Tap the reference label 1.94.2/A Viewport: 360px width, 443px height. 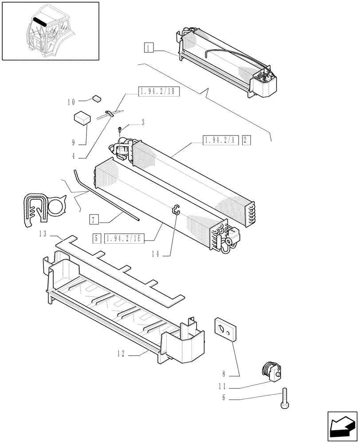220,140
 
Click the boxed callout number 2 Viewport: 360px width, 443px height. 247,140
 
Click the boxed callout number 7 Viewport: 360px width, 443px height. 93,219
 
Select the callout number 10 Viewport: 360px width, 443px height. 71,102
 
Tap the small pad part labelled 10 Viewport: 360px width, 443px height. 97,98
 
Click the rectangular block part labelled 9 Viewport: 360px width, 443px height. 82,118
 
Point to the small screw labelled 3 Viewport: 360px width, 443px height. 120,129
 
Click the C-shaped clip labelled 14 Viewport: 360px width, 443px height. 176,210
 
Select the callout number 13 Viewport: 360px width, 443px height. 43,234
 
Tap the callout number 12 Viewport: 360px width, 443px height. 121,354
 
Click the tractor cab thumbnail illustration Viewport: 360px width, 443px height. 50,31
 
